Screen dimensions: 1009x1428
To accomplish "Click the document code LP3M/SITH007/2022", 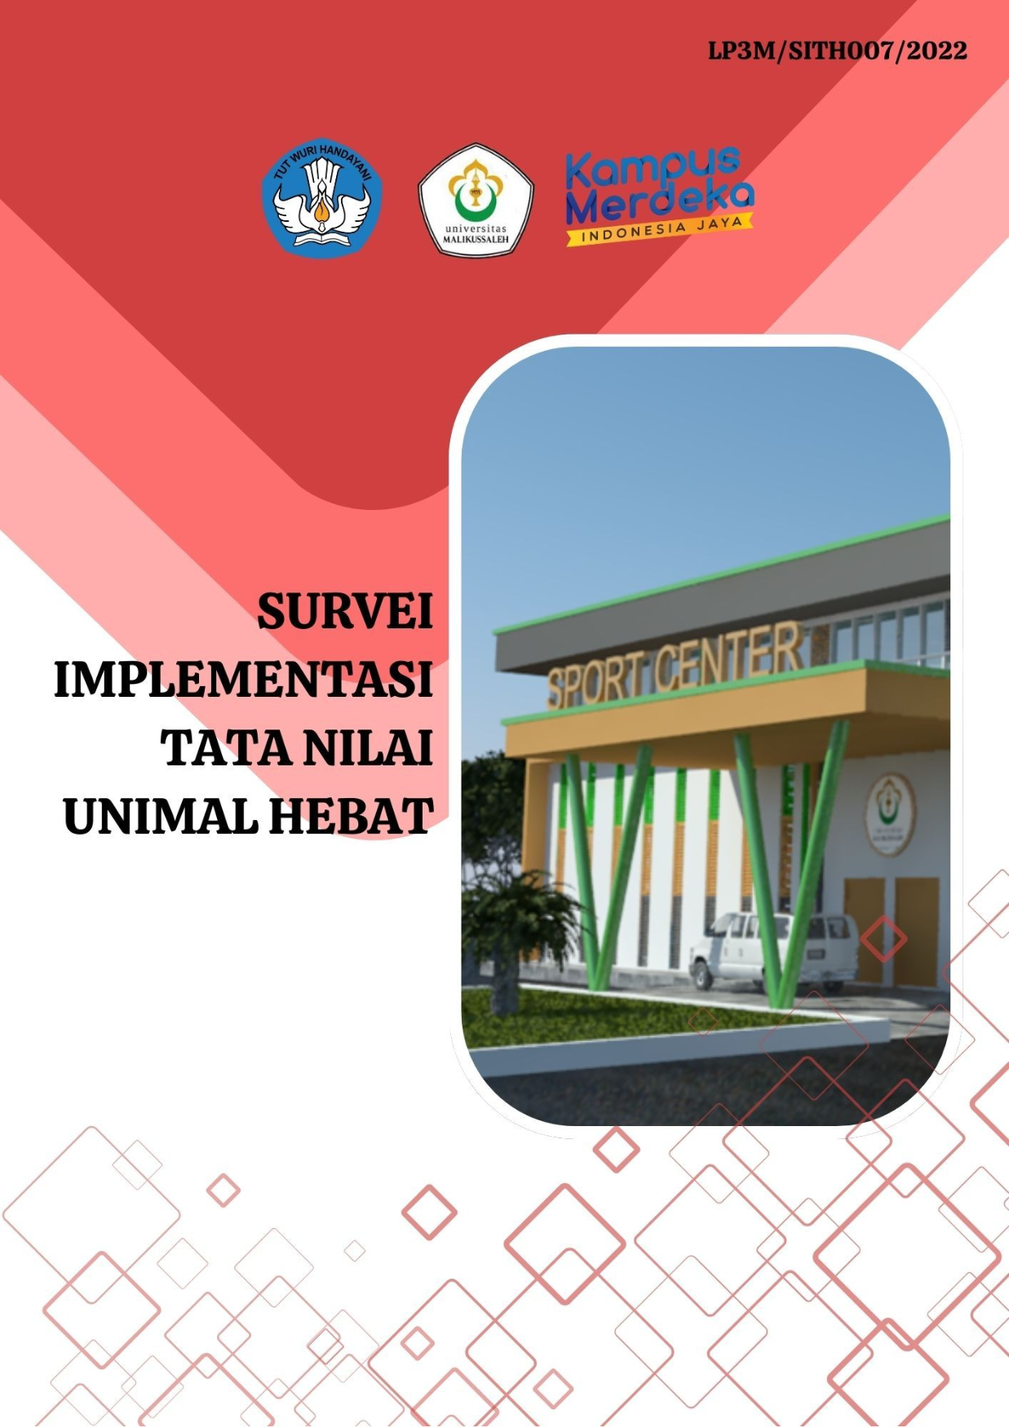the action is pos(837,51).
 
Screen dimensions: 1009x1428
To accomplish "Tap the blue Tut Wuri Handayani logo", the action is pos(321,197).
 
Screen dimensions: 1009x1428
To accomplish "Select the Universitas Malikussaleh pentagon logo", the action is pos(476,200).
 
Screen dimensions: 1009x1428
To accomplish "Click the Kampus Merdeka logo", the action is pos(660,196).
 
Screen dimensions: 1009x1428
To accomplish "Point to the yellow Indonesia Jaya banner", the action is pos(660,229).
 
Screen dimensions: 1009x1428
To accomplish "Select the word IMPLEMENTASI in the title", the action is pos(243,680).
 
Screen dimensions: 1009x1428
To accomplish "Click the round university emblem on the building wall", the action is pos(890,814).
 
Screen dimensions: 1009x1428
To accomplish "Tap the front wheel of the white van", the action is pos(701,973).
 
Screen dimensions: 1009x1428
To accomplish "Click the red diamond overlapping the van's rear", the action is pos(883,938).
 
